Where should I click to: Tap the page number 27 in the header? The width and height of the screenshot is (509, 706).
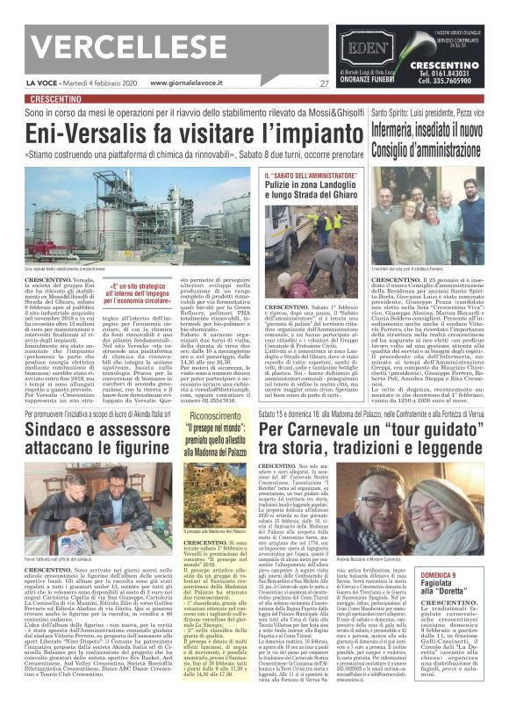[325, 83]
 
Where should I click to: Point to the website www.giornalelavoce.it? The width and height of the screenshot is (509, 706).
[195, 83]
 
